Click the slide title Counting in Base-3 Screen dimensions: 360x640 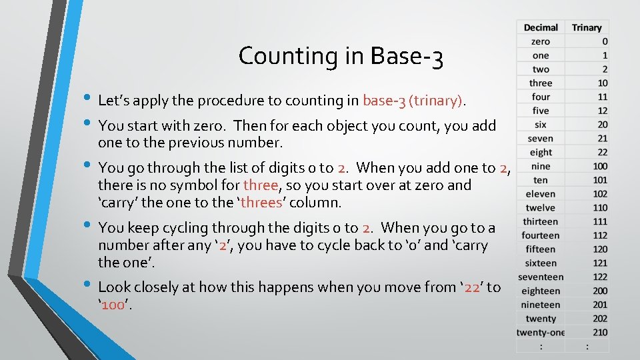coord(341,56)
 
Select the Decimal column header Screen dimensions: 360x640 coord(541,27)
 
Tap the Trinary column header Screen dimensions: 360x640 coord(587,27)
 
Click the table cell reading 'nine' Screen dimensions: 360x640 coord(541,166)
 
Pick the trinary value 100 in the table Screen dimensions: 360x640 coord(600,166)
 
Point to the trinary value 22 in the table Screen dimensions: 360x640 coord(602,152)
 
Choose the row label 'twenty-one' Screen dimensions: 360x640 coord(541,333)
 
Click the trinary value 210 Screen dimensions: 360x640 coord(600,333)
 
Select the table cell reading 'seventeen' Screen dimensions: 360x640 coord(541,277)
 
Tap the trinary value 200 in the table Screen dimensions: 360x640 coord(600,291)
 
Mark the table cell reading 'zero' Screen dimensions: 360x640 coord(541,41)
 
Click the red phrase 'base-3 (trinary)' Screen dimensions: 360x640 coord(413,101)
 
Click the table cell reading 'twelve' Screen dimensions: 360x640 coord(541,207)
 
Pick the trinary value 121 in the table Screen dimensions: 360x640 coord(600,263)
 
